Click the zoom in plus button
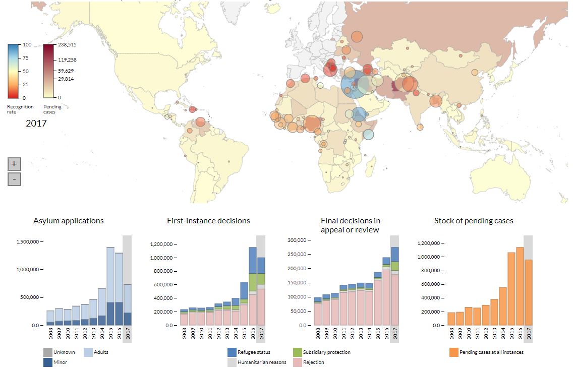[14, 164]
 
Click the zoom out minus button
[14, 179]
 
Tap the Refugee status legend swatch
[232, 352]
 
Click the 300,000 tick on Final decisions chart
[297, 240]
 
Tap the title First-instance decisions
[208, 221]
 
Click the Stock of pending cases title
[474, 221]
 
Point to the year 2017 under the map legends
[36, 123]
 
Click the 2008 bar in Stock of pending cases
[451, 319]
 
